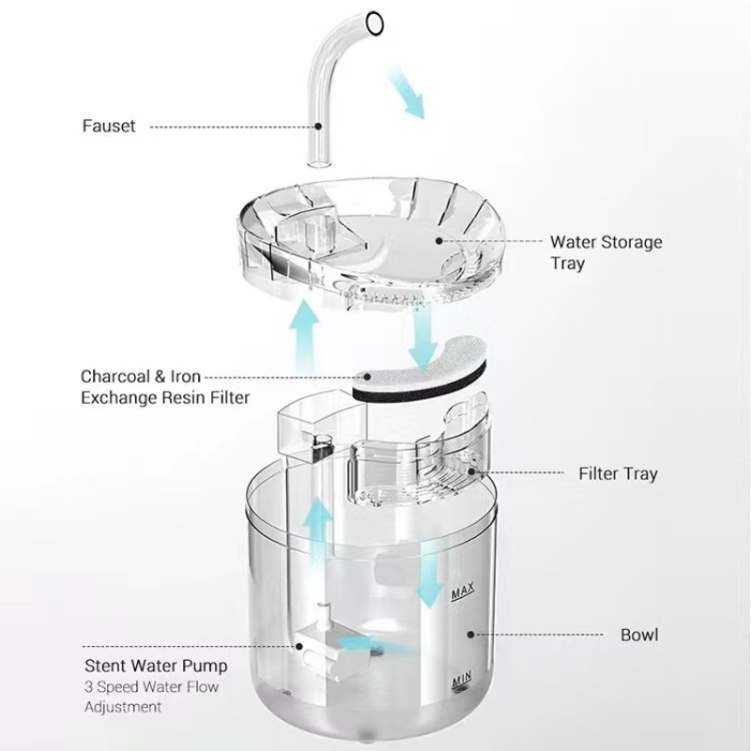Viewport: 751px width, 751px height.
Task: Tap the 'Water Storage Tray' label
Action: pos(605,253)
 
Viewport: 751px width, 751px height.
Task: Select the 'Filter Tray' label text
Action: pos(618,473)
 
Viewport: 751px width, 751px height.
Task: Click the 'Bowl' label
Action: pos(639,635)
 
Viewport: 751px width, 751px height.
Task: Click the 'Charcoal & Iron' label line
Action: pos(141,376)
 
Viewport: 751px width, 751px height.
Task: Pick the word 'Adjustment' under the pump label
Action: pos(123,707)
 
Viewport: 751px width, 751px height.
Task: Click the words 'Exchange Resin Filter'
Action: pos(165,397)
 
